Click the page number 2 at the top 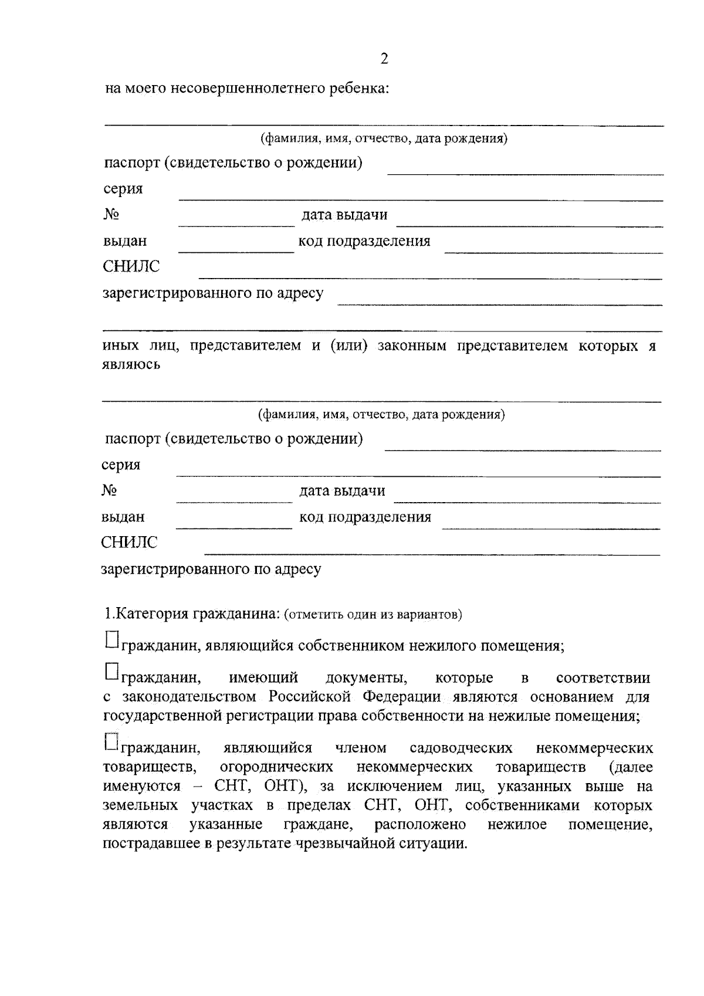coord(384,59)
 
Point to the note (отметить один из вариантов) coord(373,615)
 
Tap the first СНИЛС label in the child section coord(131,267)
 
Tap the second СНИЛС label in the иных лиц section coord(129,543)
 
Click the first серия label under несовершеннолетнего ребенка coord(123,189)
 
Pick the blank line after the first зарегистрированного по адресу coord(500,304)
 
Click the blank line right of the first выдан coord(236,251)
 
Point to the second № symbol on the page coord(109,490)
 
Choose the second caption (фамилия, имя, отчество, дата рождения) coord(382,415)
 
